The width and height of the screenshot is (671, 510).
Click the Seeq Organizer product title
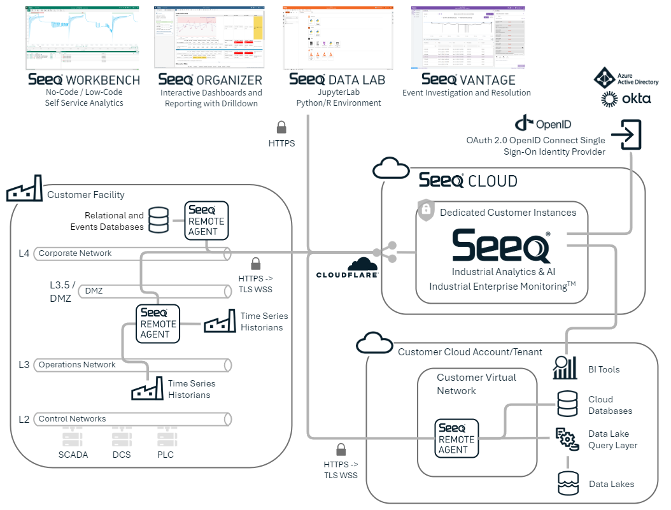point(210,80)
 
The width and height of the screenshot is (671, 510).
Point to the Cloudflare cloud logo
point(364,264)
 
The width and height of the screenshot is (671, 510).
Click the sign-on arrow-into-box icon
point(626,135)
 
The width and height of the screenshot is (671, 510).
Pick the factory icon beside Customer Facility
point(24,189)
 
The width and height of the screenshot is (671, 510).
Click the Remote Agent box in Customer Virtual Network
point(456,437)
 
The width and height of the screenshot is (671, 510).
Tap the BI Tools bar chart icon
point(565,368)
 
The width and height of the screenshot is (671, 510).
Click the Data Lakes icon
point(568,483)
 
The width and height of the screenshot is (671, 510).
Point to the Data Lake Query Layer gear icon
point(567,439)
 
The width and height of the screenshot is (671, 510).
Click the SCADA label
point(73,455)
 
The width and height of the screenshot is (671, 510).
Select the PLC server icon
point(166,438)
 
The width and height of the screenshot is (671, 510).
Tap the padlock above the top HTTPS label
point(281,127)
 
